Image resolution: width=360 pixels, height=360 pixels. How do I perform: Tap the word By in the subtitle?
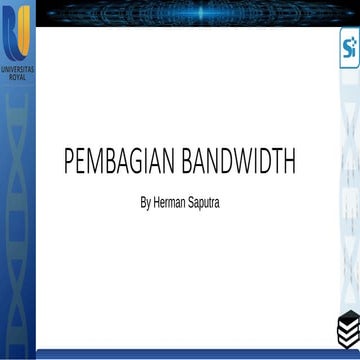[x=145, y=203]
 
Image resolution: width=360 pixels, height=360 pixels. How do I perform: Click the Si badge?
[x=349, y=47]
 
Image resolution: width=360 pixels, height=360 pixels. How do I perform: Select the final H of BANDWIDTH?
[x=289, y=161]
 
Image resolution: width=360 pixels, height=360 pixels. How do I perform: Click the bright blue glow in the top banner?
[x=200, y=13]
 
